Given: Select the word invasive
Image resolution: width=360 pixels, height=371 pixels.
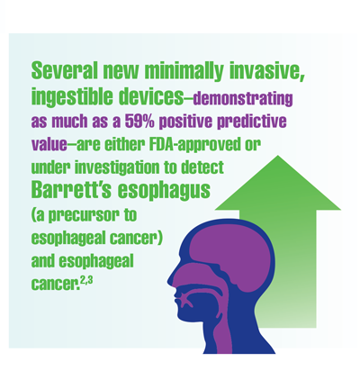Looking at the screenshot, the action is (266, 71).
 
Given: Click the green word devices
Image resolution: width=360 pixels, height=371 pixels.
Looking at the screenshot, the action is (150, 96).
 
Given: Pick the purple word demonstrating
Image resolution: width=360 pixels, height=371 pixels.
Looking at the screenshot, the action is (242, 99).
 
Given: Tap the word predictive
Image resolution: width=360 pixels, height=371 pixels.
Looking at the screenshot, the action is (252, 122).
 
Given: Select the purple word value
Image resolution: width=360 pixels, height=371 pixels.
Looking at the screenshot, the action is (49, 145).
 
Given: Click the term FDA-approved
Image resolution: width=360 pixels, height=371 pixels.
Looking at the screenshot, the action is (194, 145).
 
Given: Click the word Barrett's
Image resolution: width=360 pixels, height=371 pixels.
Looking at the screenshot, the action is (71, 189).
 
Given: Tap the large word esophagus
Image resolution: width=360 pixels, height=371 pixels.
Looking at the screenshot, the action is (164, 191).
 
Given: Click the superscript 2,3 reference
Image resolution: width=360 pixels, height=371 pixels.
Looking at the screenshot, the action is (86, 283).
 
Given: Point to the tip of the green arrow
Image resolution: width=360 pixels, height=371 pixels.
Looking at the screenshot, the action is (278, 156).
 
